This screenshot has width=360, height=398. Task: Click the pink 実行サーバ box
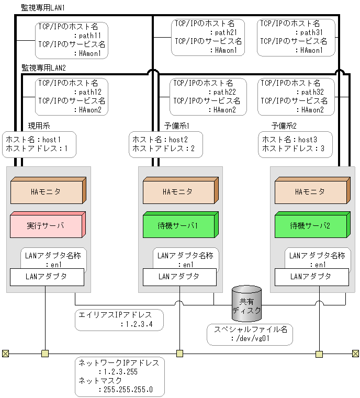pos(47,225)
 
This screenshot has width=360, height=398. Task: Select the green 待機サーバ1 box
pos(178,225)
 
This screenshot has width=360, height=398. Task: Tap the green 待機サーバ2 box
pos(310,225)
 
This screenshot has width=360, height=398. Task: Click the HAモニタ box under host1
pos(47,192)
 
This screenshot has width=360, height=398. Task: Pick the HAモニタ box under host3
pos(310,192)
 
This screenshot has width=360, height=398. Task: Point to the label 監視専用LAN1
pos(43,8)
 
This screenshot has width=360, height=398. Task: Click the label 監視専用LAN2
pos(43,67)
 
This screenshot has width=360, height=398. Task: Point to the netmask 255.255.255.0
pos(126,389)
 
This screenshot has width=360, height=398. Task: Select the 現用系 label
pos(39,126)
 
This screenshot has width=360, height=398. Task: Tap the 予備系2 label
pos(284,126)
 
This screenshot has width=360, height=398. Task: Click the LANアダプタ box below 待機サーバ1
pos(178,277)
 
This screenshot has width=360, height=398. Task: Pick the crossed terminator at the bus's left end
pos(5,354)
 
